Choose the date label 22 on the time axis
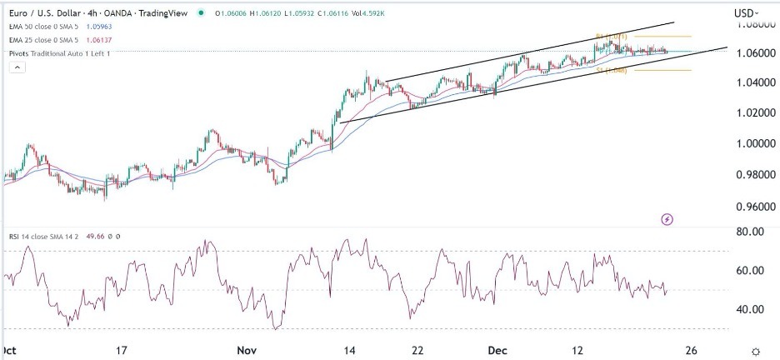pyautogui.click(x=418, y=351)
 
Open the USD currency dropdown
pyautogui.click(x=747, y=12)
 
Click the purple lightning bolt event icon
pyautogui.click(x=667, y=219)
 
